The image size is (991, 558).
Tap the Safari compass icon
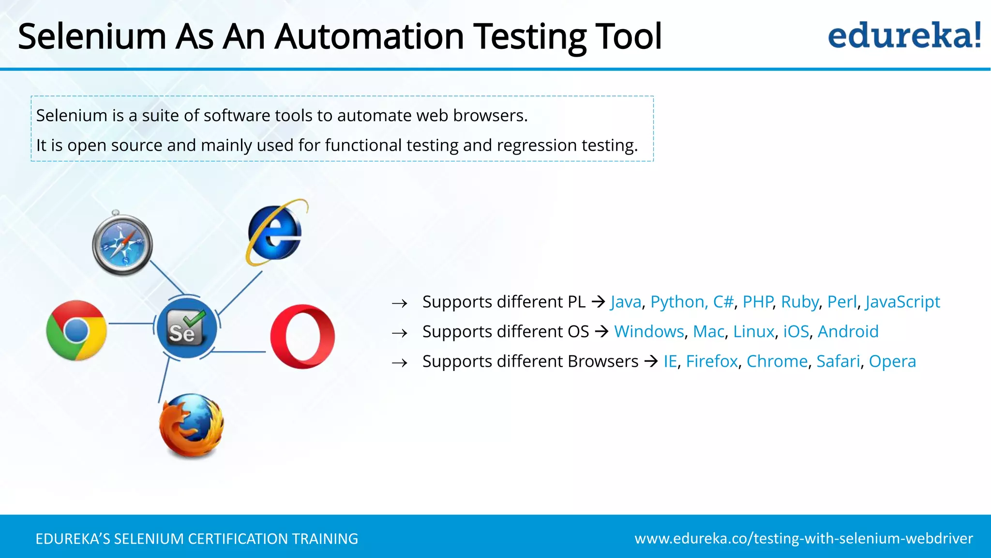122,245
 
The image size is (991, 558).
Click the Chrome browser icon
76,330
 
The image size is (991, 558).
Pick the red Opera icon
302,337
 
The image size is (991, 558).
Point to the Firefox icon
192,426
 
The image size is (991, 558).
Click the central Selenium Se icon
187,328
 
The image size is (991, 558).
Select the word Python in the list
677,302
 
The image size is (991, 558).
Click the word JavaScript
902,302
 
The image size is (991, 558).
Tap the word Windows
649,332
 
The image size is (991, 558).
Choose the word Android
848,332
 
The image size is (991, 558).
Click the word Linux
753,332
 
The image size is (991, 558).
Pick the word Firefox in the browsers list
712,361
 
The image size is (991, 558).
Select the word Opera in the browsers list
892,361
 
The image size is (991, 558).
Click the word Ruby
799,302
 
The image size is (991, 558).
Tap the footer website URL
804,539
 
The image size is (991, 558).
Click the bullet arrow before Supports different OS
400,333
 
